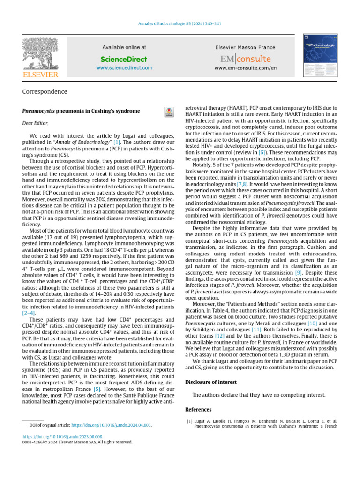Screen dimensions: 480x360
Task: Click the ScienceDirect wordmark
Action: [x=124, y=60]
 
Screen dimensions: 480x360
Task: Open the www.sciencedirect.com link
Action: [x=124, y=68]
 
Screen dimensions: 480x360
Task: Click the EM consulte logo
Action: [x=246, y=59]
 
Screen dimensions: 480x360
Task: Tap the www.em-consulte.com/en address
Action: [x=246, y=68]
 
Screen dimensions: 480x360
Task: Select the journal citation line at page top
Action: [x=180, y=24]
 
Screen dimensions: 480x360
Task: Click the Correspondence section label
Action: [x=45, y=92]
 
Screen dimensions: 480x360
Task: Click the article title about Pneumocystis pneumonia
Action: [x=81, y=111]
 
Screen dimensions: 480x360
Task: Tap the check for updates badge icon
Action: [x=168, y=112]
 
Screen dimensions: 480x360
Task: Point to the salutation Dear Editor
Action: [x=35, y=123]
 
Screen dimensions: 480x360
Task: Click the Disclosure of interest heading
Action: [x=211, y=382]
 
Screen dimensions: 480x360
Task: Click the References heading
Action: [x=198, y=410]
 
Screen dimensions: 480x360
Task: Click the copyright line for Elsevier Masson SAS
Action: [x=77, y=442]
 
